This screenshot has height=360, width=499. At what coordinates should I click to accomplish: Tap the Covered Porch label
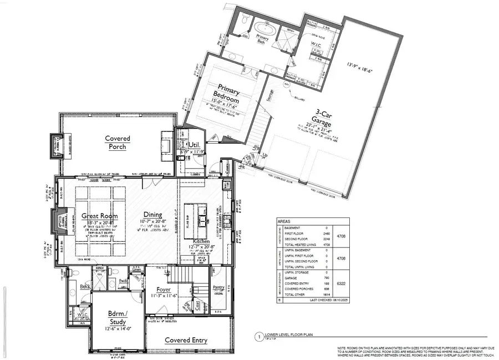(x=118, y=143)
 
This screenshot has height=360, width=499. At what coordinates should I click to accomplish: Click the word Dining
(x=152, y=215)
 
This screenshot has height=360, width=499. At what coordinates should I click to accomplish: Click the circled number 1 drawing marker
(x=258, y=336)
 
